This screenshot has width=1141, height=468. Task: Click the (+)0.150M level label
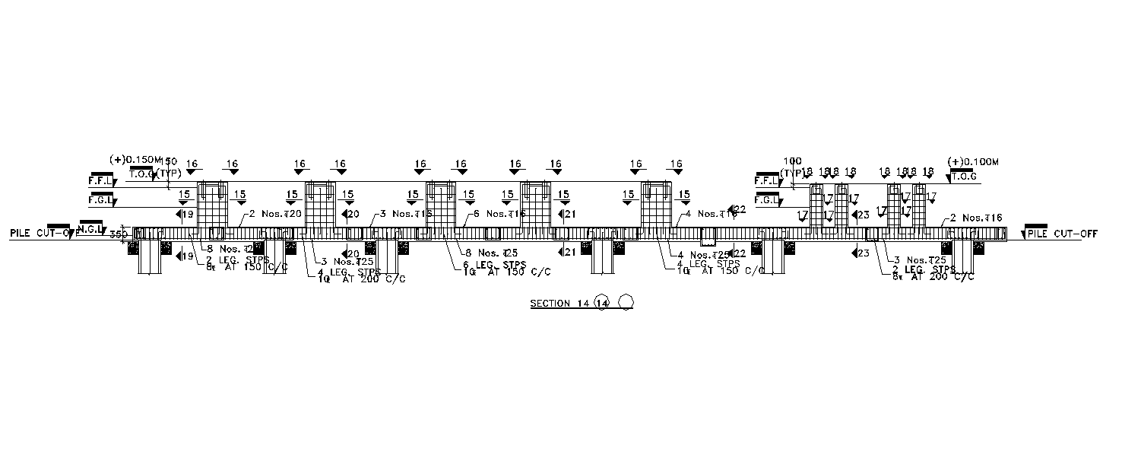(136, 160)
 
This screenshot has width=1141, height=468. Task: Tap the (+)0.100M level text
(972, 161)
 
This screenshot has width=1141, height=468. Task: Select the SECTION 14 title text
(560, 304)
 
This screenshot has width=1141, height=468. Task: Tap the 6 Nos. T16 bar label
(500, 214)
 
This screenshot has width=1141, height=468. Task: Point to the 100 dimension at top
(792, 161)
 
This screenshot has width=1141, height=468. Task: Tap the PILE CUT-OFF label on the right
(1063, 234)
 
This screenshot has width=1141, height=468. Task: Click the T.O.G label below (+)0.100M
(964, 177)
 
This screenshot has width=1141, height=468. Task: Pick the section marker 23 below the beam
(860, 253)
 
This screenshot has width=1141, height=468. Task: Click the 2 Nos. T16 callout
(976, 218)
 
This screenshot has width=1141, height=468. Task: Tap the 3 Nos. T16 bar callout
(406, 214)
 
